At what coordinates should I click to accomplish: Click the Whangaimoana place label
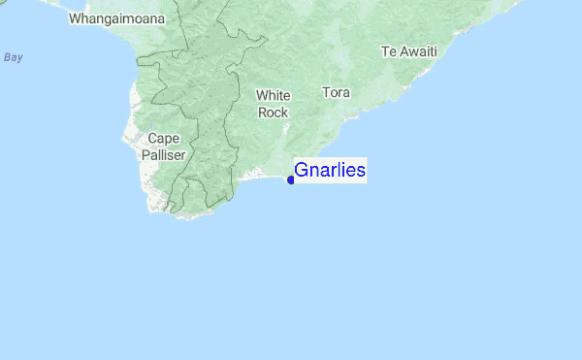pyautogui.click(x=116, y=18)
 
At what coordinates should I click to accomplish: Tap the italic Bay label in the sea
pyautogui.click(x=13, y=57)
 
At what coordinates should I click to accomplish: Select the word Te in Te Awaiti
pyautogui.click(x=389, y=50)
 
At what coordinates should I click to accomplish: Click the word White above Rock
pyautogui.click(x=273, y=95)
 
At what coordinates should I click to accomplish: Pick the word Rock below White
pyautogui.click(x=273, y=112)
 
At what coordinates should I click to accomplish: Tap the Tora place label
pyautogui.click(x=336, y=93)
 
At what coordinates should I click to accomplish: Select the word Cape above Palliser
pyautogui.click(x=163, y=138)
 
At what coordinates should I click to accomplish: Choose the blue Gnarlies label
pyautogui.click(x=330, y=171)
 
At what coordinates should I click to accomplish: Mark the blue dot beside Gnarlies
pyautogui.click(x=291, y=180)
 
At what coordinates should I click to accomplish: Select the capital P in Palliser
pyautogui.click(x=145, y=154)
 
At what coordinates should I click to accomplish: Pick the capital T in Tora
pyautogui.click(x=325, y=93)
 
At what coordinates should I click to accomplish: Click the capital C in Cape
pyautogui.click(x=152, y=138)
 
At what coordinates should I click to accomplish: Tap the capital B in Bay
pyautogui.click(x=6, y=57)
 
